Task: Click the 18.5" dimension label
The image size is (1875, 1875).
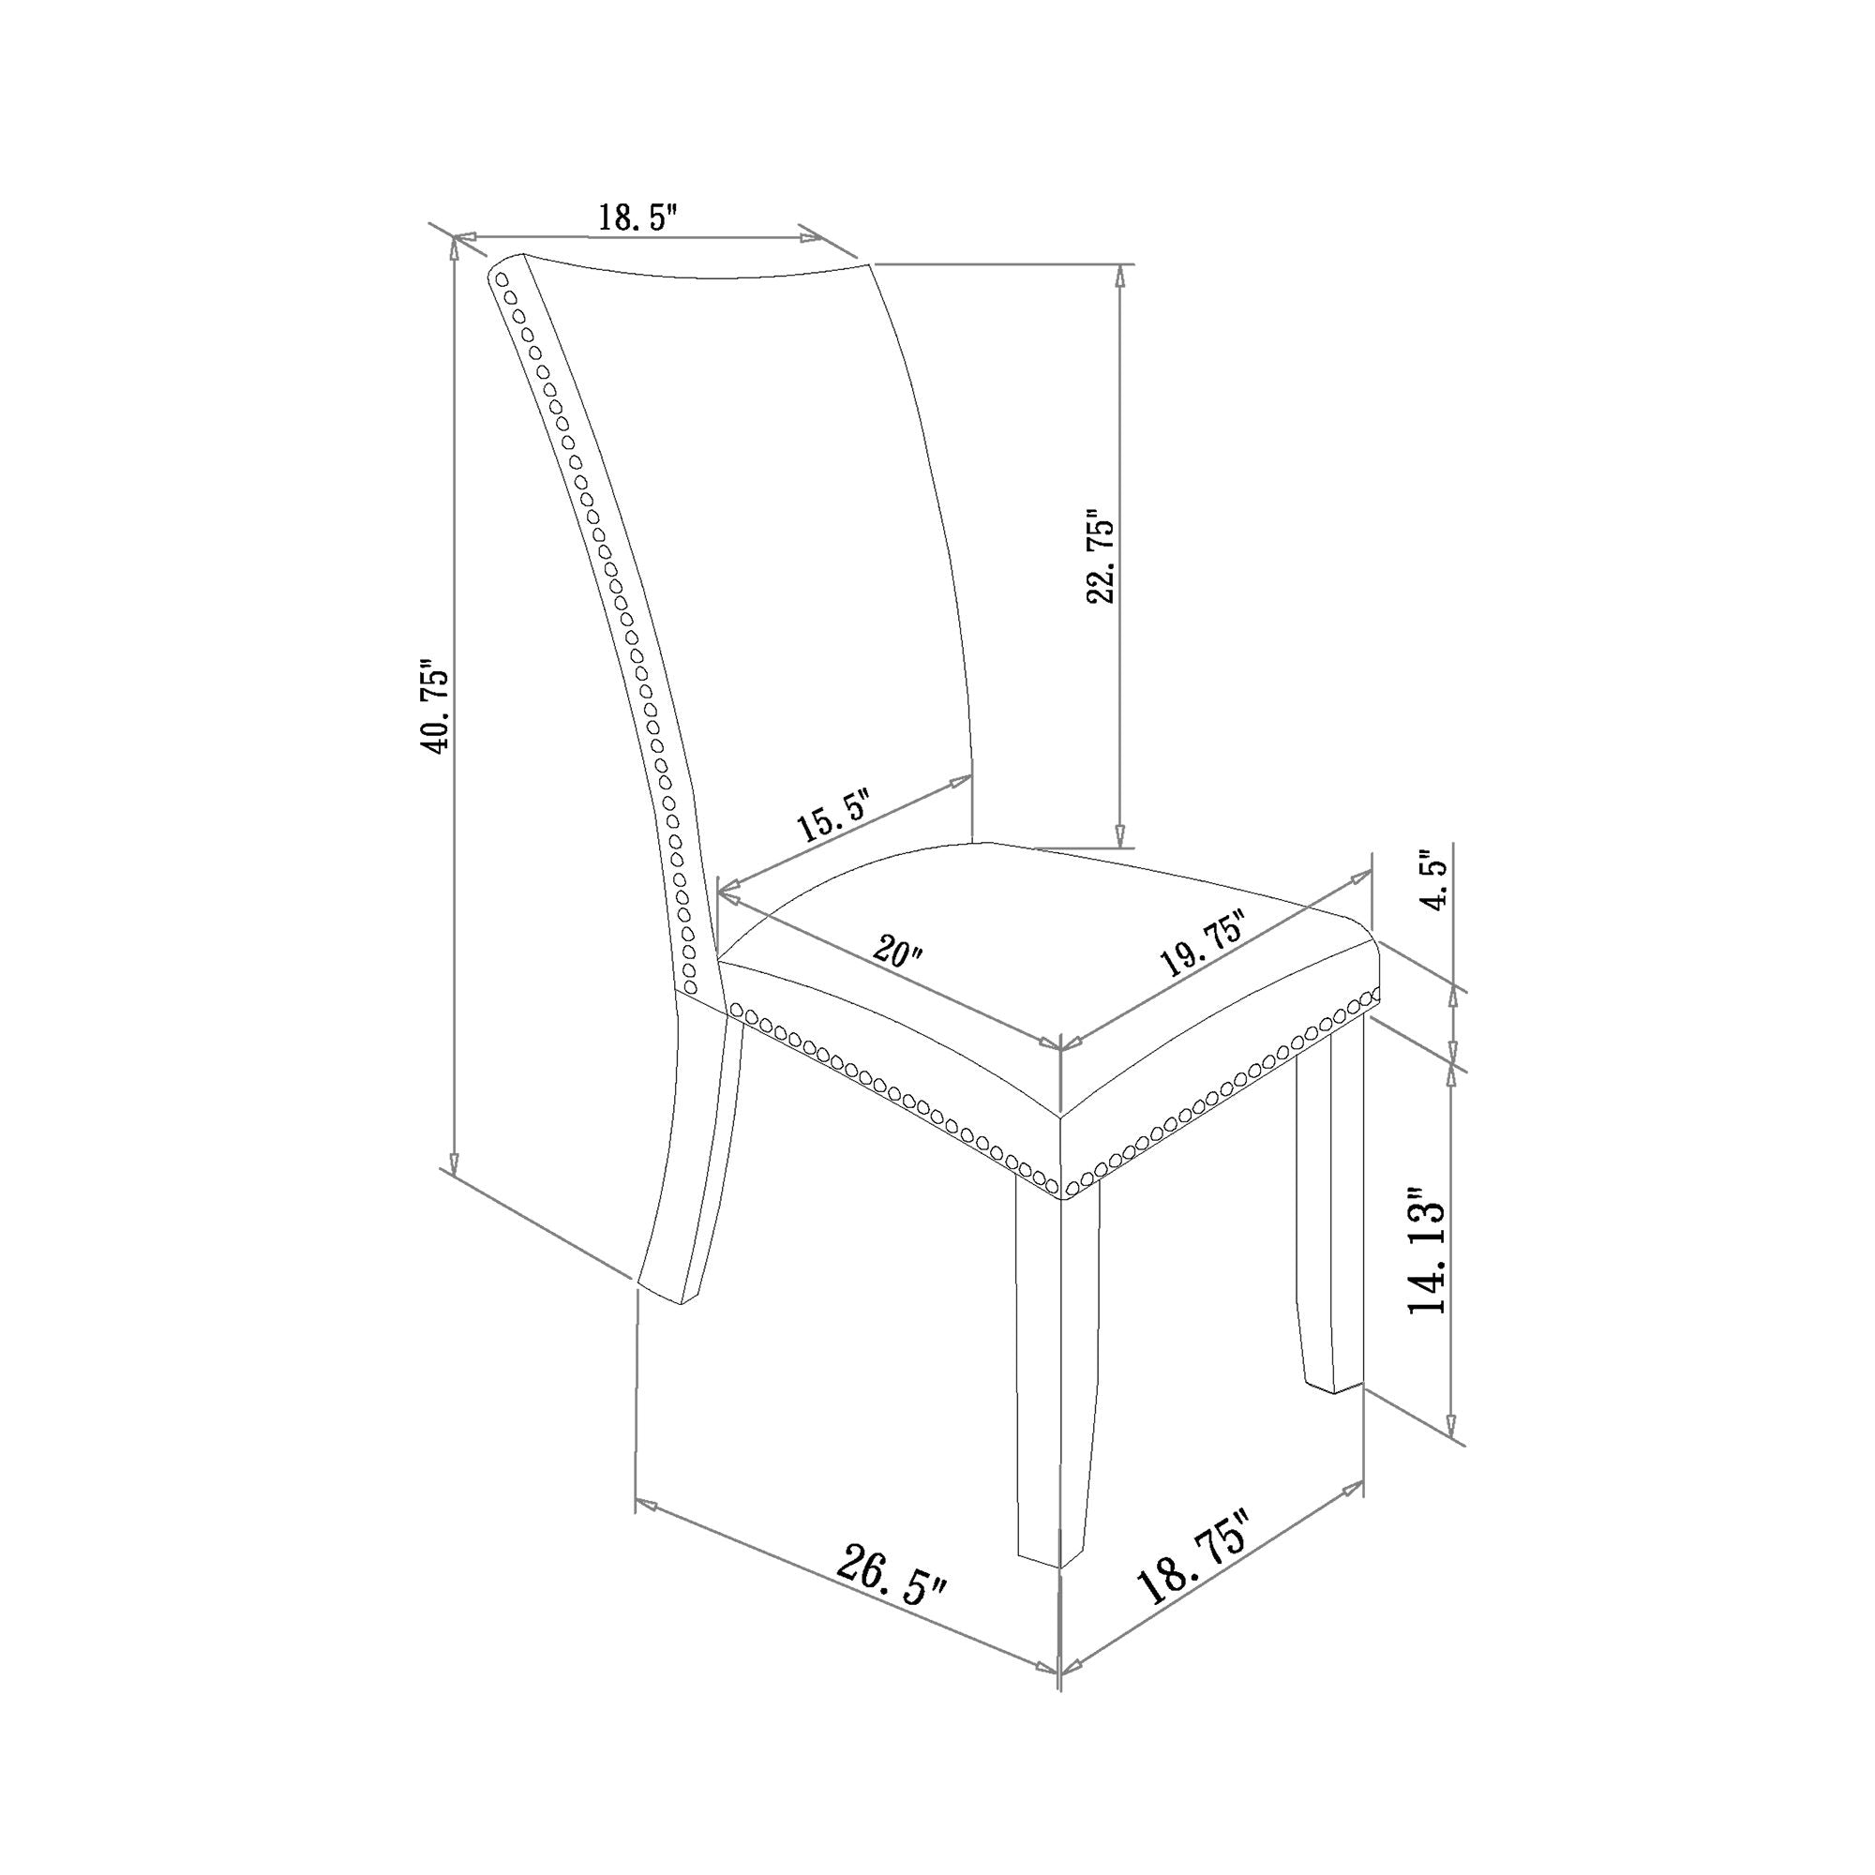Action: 636,217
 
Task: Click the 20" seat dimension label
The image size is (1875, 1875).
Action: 898,950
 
